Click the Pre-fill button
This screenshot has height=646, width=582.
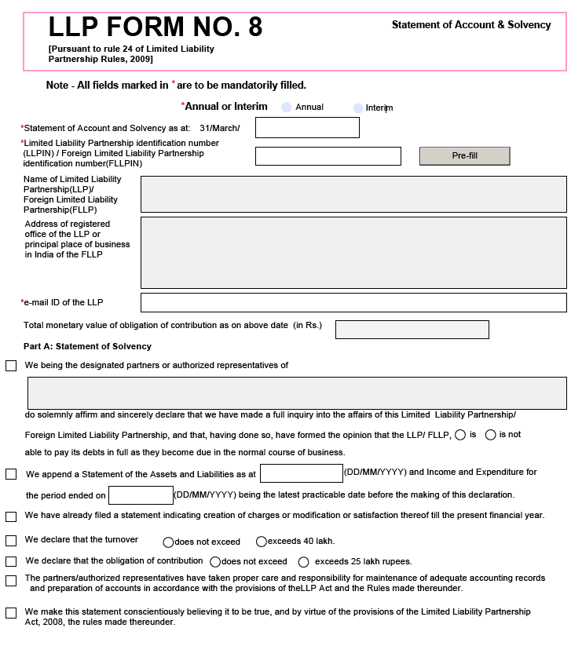coord(464,156)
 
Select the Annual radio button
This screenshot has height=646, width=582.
coord(287,107)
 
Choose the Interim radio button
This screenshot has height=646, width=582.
coord(358,108)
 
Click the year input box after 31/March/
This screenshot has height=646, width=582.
coord(307,128)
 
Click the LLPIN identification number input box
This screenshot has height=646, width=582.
coord(328,156)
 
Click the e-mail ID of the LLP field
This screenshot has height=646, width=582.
coord(353,302)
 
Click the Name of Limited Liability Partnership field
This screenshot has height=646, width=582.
coord(353,194)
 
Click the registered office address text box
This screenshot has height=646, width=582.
coord(353,253)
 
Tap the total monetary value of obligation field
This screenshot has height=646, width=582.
coord(412,330)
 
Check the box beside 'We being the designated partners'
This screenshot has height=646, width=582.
coord(11,366)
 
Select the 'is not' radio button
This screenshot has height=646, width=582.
coord(491,435)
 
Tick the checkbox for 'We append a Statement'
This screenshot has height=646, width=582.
coord(11,474)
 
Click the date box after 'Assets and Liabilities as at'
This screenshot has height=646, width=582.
coord(301,473)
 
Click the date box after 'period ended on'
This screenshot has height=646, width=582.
coord(141,495)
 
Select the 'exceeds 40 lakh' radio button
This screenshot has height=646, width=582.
coord(262,542)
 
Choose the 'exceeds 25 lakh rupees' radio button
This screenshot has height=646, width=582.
coord(304,562)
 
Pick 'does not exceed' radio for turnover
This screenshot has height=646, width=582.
coord(168,542)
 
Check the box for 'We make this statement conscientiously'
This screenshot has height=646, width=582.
coord(11,613)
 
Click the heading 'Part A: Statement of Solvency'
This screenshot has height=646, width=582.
coord(87,346)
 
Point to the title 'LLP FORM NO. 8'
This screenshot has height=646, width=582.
coord(156,27)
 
